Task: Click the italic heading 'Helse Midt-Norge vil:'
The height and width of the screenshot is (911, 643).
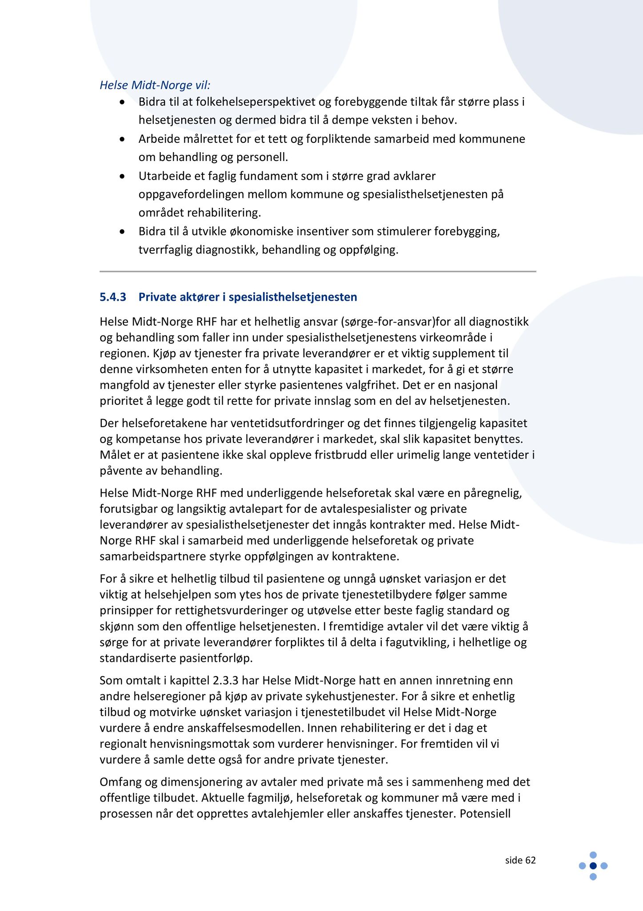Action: point(155,85)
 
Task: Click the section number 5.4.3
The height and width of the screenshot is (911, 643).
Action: point(113,297)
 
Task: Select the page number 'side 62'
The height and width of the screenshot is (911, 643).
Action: point(520,860)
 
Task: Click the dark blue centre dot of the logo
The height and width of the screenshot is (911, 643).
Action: point(593,866)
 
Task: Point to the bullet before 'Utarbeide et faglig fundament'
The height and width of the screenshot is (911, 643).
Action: point(123,177)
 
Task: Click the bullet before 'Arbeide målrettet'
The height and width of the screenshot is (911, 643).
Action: point(123,140)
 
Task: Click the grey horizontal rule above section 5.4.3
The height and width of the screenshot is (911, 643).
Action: point(318,271)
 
